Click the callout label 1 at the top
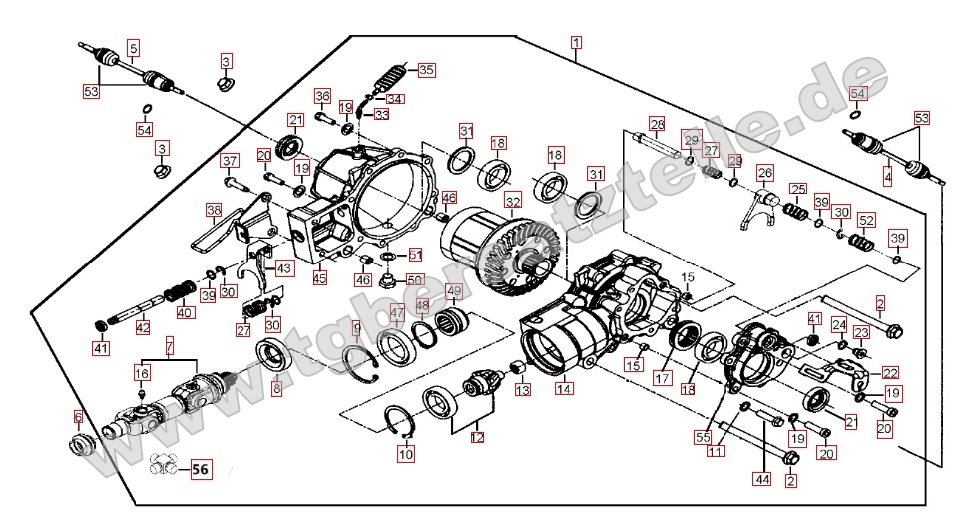[576, 42]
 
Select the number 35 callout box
[426, 70]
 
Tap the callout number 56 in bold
[201, 469]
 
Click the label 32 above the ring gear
[513, 200]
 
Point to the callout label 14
[565, 389]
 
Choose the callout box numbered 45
[320, 277]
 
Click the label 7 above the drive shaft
[169, 346]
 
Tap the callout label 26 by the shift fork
[765, 172]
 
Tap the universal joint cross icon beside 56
[166, 464]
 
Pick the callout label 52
[865, 221]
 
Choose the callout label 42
[143, 327]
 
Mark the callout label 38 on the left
[214, 210]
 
